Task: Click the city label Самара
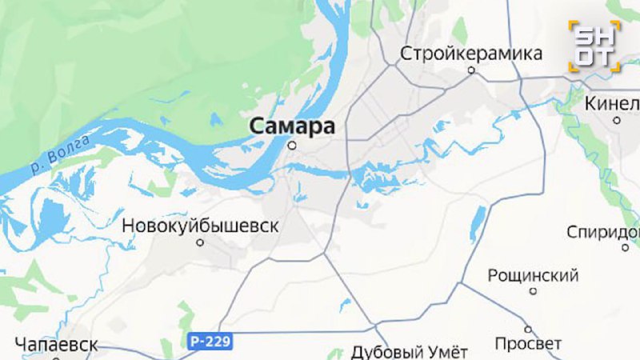pos(291,126)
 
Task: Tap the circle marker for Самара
pos(292,146)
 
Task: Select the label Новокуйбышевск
pos(200,226)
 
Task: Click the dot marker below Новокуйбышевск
pos(201,242)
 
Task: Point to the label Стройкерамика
pos(471,54)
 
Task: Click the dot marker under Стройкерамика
pos(471,70)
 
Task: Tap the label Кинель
pos(613,103)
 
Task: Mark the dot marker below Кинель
pos(617,120)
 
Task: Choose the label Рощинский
pos(533,276)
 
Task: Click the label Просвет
pos(528,344)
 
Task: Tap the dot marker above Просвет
pos(528,328)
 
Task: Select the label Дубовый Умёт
pos(409,351)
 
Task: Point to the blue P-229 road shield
pos(211,342)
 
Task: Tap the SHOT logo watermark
pos(594,46)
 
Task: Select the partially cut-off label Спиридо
pos(603,232)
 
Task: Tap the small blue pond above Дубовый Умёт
pos(345,305)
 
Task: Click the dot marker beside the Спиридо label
pos(626,248)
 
